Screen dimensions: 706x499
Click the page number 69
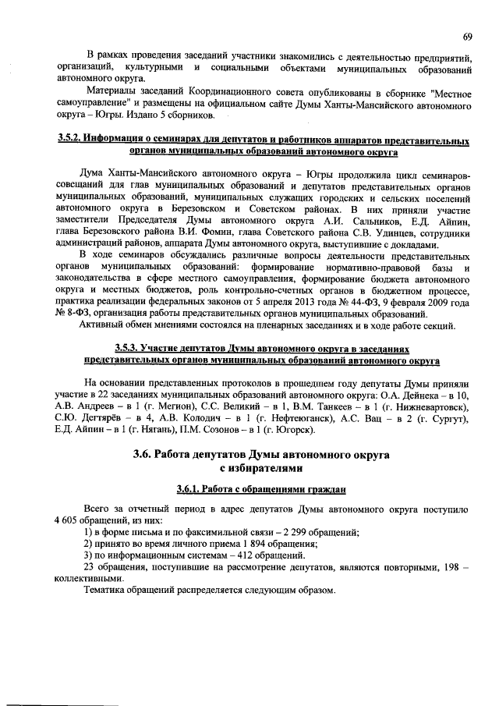(x=466, y=37)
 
